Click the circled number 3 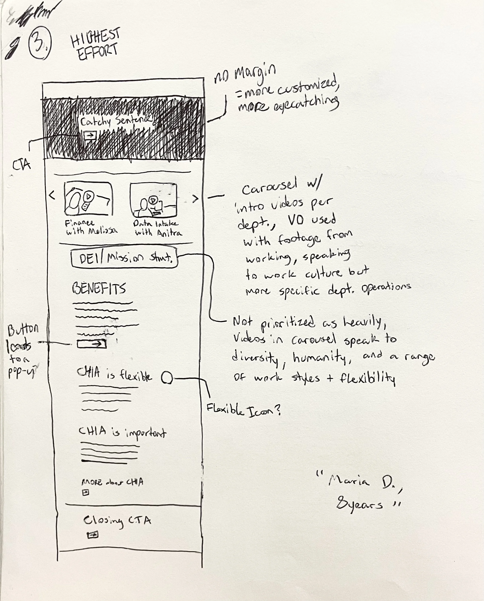40,45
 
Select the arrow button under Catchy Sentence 90,135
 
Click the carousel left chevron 52,195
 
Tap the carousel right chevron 195,198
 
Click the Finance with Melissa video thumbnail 88,199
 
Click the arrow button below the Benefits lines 92,344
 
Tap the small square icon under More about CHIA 86,493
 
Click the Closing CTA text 117,520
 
